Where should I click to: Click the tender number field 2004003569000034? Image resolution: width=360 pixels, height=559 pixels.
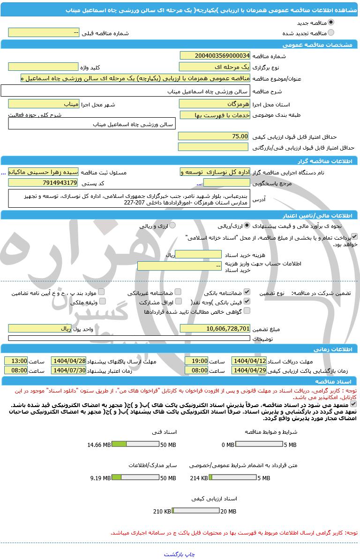pyautogui.click(x=215, y=56)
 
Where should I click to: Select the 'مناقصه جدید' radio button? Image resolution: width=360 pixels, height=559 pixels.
pyautogui.click(x=331, y=23)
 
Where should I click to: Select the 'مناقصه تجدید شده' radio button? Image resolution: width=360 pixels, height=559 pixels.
pyautogui.click(x=331, y=33)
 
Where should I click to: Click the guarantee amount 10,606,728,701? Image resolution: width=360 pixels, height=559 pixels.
pyautogui.click(x=215, y=329)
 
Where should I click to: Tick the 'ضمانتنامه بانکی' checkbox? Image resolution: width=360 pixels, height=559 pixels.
pyautogui.click(x=247, y=292)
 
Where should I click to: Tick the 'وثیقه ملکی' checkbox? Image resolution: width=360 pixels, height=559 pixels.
pyautogui.click(x=102, y=302)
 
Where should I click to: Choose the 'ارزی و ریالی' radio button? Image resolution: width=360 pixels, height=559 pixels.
pyautogui.click(x=172, y=226)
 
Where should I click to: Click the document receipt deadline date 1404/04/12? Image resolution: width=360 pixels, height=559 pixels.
pyautogui.click(x=249, y=361)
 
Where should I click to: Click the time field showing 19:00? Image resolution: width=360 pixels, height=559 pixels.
pyautogui.click(x=196, y=361)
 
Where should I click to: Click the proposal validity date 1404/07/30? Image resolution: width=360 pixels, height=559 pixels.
pyautogui.click(x=68, y=370)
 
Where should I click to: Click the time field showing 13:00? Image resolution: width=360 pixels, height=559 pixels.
pyautogui.click(x=16, y=361)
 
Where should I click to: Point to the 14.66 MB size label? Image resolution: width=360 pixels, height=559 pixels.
pyautogui.click(x=99, y=445)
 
